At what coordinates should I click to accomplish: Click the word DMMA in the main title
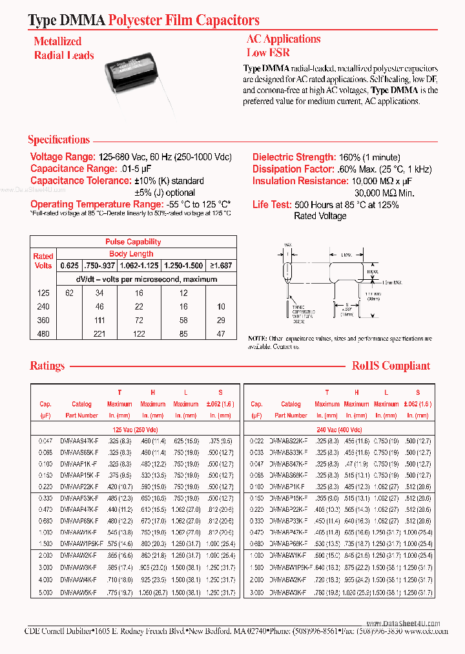pos(84,21)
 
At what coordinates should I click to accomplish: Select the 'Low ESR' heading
pos(268,53)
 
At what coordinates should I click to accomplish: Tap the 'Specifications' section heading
pos(59,140)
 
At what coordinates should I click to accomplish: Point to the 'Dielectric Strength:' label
pos(293,157)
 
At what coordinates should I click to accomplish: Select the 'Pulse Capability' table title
pos(133,242)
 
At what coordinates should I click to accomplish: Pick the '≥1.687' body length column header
pos(218,266)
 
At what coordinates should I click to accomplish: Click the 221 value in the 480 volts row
pos(99,333)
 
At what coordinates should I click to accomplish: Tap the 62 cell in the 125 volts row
pos(70,293)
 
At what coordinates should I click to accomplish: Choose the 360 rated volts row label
pos(43,320)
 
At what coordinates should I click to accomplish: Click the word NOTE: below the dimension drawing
pos(257,339)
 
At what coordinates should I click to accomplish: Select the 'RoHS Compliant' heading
pos(391,366)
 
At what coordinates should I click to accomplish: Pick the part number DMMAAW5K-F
pos(78,592)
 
